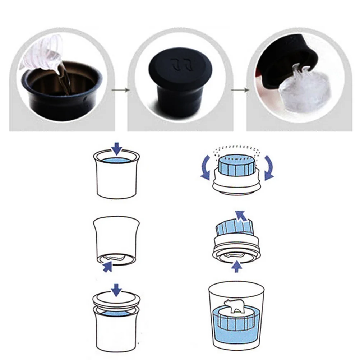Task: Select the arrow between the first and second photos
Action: (x=120, y=89)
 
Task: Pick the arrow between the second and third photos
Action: (x=239, y=89)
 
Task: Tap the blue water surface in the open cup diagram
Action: (x=116, y=160)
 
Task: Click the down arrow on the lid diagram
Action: (x=116, y=289)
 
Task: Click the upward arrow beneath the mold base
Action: (x=236, y=266)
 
